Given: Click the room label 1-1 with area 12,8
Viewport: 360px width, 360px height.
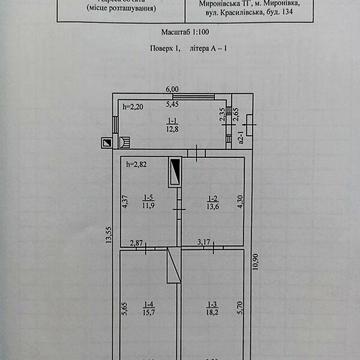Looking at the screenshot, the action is pyautogui.click(x=171, y=124).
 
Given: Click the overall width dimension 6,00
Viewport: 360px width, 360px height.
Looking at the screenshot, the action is pyautogui.click(x=171, y=88).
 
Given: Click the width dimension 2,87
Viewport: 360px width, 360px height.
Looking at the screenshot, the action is pyautogui.click(x=137, y=243).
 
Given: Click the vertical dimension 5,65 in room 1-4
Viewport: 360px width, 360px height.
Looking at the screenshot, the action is pyautogui.click(x=124, y=310).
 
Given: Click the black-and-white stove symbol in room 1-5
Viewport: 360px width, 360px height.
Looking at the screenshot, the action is pyautogui.click(x=175, y=171).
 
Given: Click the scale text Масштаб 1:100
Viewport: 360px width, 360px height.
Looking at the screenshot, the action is pyautogui.click(x=178, y=33).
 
